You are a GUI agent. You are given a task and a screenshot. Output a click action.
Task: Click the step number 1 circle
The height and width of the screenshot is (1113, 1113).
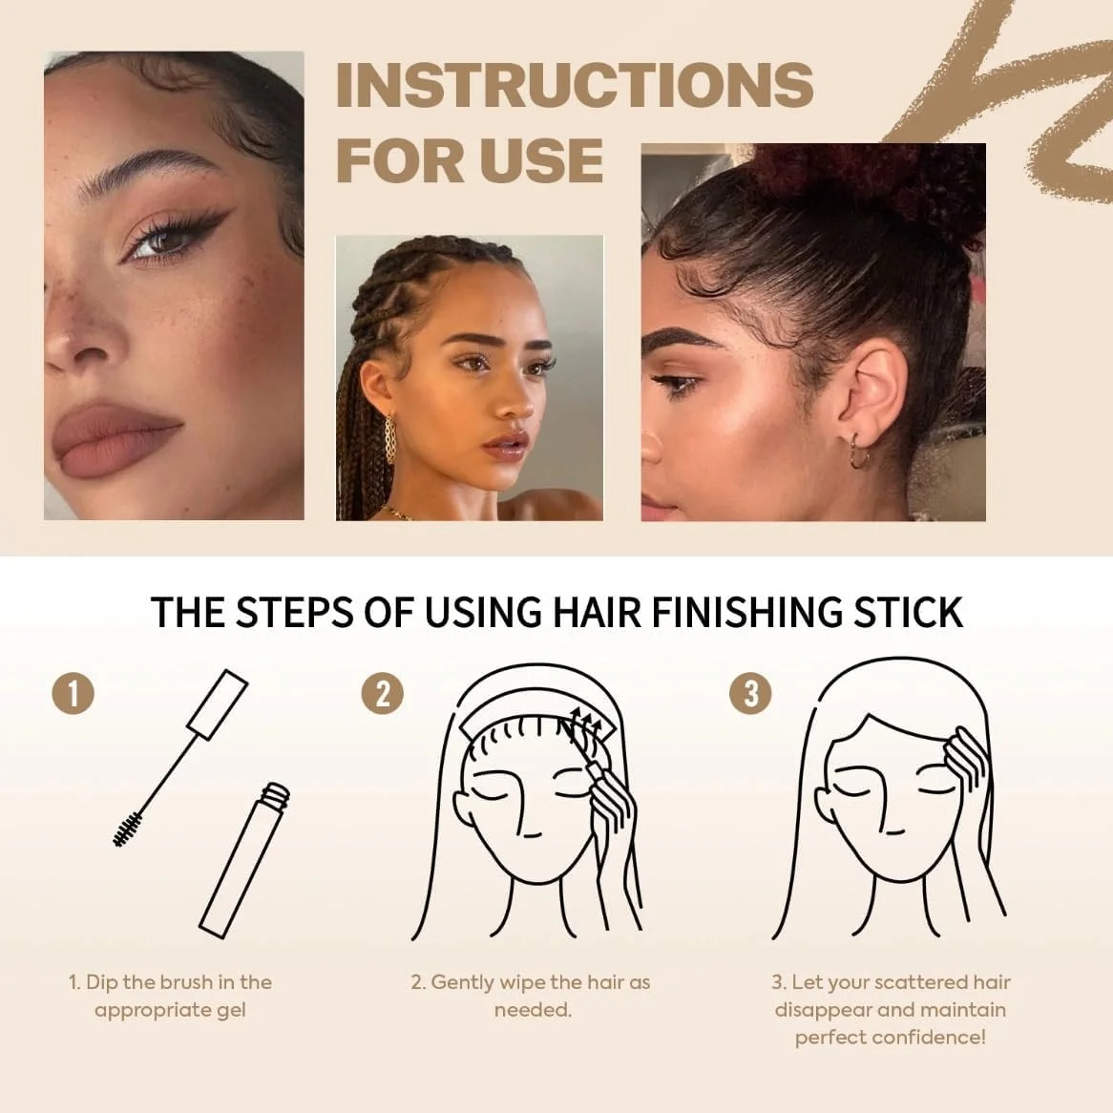73,693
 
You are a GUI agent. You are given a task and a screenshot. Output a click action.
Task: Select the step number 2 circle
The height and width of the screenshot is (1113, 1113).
382,693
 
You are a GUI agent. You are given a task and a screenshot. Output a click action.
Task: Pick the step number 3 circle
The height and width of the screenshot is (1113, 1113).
750,693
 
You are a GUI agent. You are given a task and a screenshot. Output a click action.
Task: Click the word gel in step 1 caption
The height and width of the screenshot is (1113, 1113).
228,1010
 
